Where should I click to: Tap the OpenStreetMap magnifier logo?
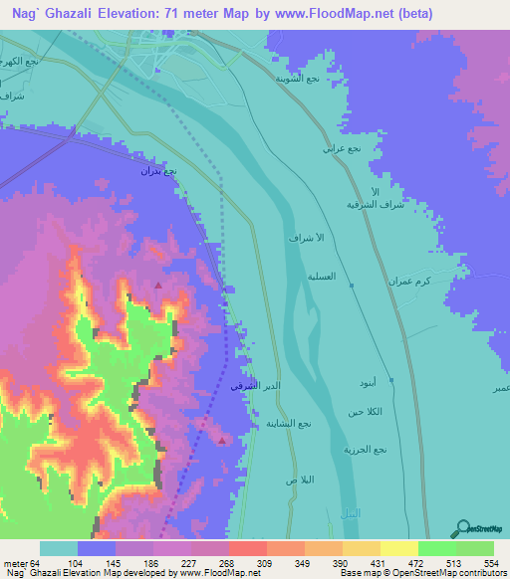pos(461,529)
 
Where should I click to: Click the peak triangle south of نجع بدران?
pos(158,286)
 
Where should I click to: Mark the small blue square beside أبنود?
pos(391,380)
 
